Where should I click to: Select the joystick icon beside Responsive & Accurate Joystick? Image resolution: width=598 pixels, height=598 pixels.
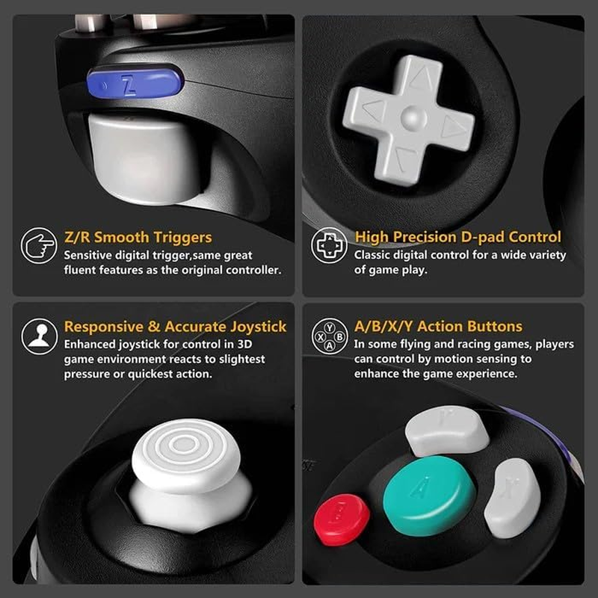pos(39,336)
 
